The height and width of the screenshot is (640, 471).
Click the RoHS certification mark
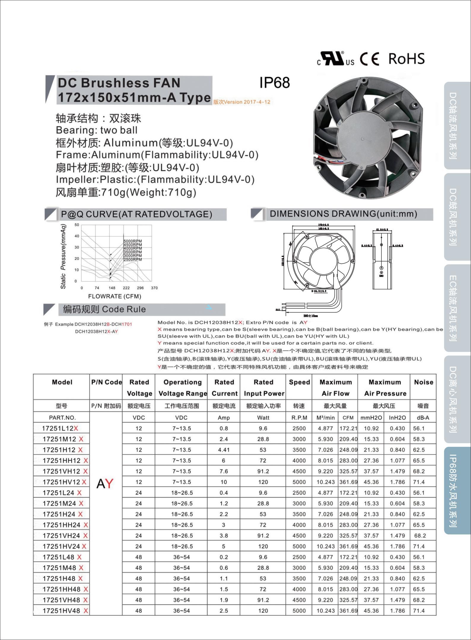click(406, 59)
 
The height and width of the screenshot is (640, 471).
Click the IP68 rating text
click(275, 83)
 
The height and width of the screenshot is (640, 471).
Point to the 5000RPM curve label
click(133, 241)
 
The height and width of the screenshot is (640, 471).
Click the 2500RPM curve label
click(133, 259)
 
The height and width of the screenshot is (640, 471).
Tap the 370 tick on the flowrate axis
click(154, 288)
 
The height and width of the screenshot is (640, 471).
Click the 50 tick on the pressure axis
click(77, 225)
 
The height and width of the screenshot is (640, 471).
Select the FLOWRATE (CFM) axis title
click(115, 296)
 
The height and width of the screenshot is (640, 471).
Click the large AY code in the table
click(105, 484)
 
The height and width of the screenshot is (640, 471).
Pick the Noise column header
click(424, 382)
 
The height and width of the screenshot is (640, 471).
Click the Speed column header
click(299, 382)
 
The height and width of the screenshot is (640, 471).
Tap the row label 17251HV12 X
click(64, 482)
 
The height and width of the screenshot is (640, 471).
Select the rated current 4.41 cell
click(224, 450)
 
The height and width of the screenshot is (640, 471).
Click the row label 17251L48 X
click(62, 557)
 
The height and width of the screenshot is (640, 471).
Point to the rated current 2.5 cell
click(224, 611)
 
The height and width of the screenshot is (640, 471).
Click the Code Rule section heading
click(104, 309)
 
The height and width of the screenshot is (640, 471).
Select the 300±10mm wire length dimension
click(311, 316)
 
